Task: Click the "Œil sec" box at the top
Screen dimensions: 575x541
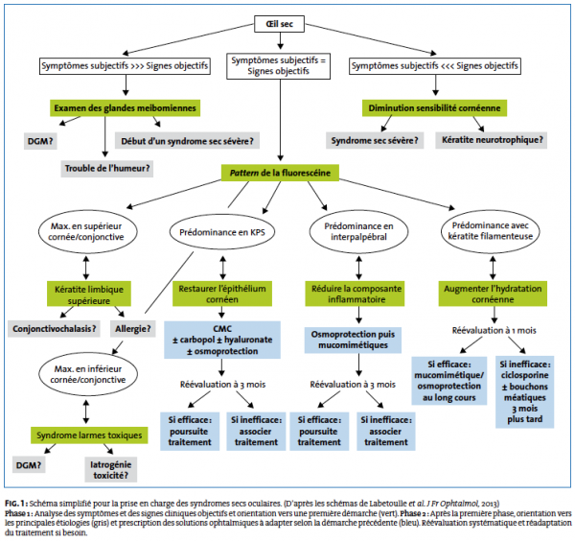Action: click(279, 24)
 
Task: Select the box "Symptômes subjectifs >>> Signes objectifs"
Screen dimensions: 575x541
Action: click(125, 66)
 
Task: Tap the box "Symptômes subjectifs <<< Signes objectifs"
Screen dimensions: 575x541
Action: click(434, 66)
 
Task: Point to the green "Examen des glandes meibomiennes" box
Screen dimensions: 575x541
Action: click(125, 107)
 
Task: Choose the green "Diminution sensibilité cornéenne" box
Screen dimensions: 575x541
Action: click(434, 107)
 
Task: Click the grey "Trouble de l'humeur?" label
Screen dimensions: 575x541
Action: click(107, 169)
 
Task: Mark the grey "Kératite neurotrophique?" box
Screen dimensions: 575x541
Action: click(492, 140)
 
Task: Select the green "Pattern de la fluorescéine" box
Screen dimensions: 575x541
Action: click(280, 173)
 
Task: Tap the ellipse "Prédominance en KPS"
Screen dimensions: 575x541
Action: click(222, 232)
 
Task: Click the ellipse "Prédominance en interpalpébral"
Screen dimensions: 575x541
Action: click(358, 231)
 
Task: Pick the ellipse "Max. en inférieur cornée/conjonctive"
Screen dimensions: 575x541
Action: click(88, 374)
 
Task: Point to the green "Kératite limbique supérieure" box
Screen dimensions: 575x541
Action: click(89, 294)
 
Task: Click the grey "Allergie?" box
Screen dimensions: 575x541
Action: click(133, 328)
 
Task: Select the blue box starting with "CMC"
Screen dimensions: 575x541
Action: click(222, 340)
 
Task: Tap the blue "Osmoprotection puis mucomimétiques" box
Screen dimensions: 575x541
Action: click(353, 340)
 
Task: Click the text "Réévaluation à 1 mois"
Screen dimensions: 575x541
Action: click(494, 331)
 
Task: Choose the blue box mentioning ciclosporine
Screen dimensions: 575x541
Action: click(525, 391)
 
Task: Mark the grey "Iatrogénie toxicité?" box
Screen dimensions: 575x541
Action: click(111, 469)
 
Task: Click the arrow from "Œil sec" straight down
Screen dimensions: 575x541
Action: click(280, 40)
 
